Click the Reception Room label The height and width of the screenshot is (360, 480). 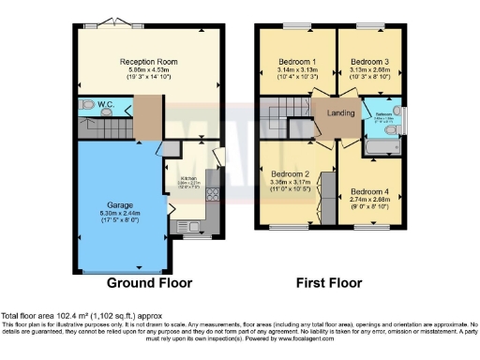(153, 62)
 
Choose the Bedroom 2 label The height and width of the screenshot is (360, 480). (290, 174)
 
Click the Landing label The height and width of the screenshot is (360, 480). (339, 115)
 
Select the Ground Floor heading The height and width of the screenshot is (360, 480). (149, 282)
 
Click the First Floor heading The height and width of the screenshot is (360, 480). (329, 282)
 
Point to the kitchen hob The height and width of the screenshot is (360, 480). (211, 197)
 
